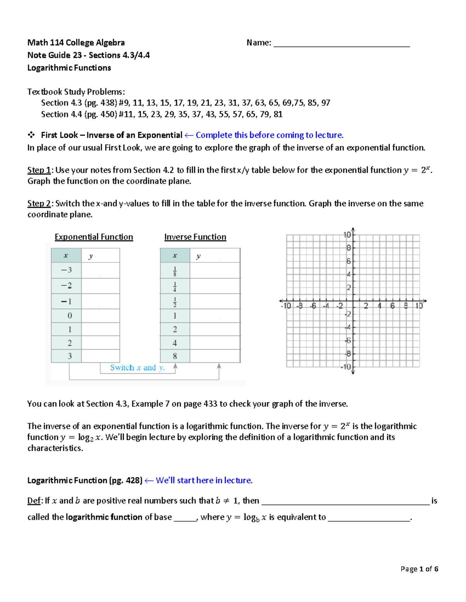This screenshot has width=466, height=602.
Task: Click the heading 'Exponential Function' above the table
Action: coord(94,237)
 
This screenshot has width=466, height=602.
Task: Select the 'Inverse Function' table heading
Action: coord(195,237)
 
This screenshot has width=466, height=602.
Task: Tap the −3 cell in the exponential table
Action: coord(66,270)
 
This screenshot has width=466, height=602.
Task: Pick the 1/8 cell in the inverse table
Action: coord(175,271)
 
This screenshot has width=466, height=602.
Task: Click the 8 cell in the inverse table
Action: coord(175,356)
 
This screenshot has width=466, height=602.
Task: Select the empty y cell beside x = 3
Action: coord(100,356)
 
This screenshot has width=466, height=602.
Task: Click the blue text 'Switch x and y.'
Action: coord(137,367)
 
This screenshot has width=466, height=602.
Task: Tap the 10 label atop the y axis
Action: coord(347,235)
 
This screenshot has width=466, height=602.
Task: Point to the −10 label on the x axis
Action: coord(286,306)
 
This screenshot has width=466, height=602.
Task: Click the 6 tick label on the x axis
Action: coord(392,306)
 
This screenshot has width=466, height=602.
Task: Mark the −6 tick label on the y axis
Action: coord(348,340)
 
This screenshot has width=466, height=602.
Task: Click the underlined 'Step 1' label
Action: coord(39,170)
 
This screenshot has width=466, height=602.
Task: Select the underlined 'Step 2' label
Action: coord(39,204)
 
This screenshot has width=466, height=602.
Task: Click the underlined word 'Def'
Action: coord(34,501)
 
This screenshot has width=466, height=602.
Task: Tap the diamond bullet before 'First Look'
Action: coord(31,135)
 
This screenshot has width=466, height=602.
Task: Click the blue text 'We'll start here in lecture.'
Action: coord(204,480)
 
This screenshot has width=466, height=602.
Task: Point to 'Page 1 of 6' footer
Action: coord(419,569)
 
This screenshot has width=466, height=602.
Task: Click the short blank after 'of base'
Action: coord(185,518)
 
